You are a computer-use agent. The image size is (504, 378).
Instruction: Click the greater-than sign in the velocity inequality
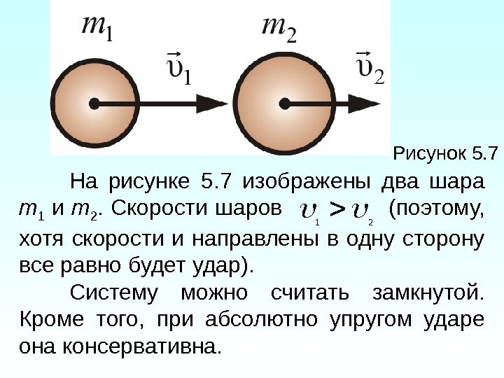(337, 208)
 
